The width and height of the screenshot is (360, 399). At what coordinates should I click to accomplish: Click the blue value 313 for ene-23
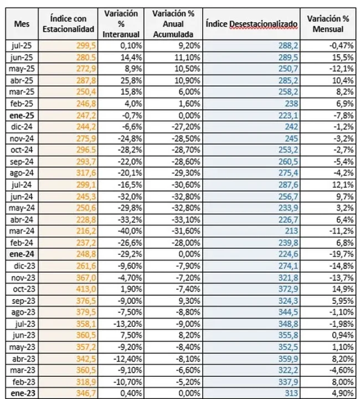coord(293,393)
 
